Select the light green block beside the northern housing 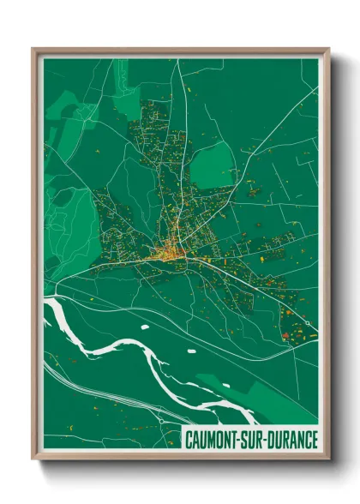pyautogui.click(x=213, y=165)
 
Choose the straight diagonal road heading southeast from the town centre pyautogui.click(x=257, y=291)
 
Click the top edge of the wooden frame pyautogui.click(x=180, y=51)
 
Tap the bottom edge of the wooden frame pyautogui.click(x=180, y=458)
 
